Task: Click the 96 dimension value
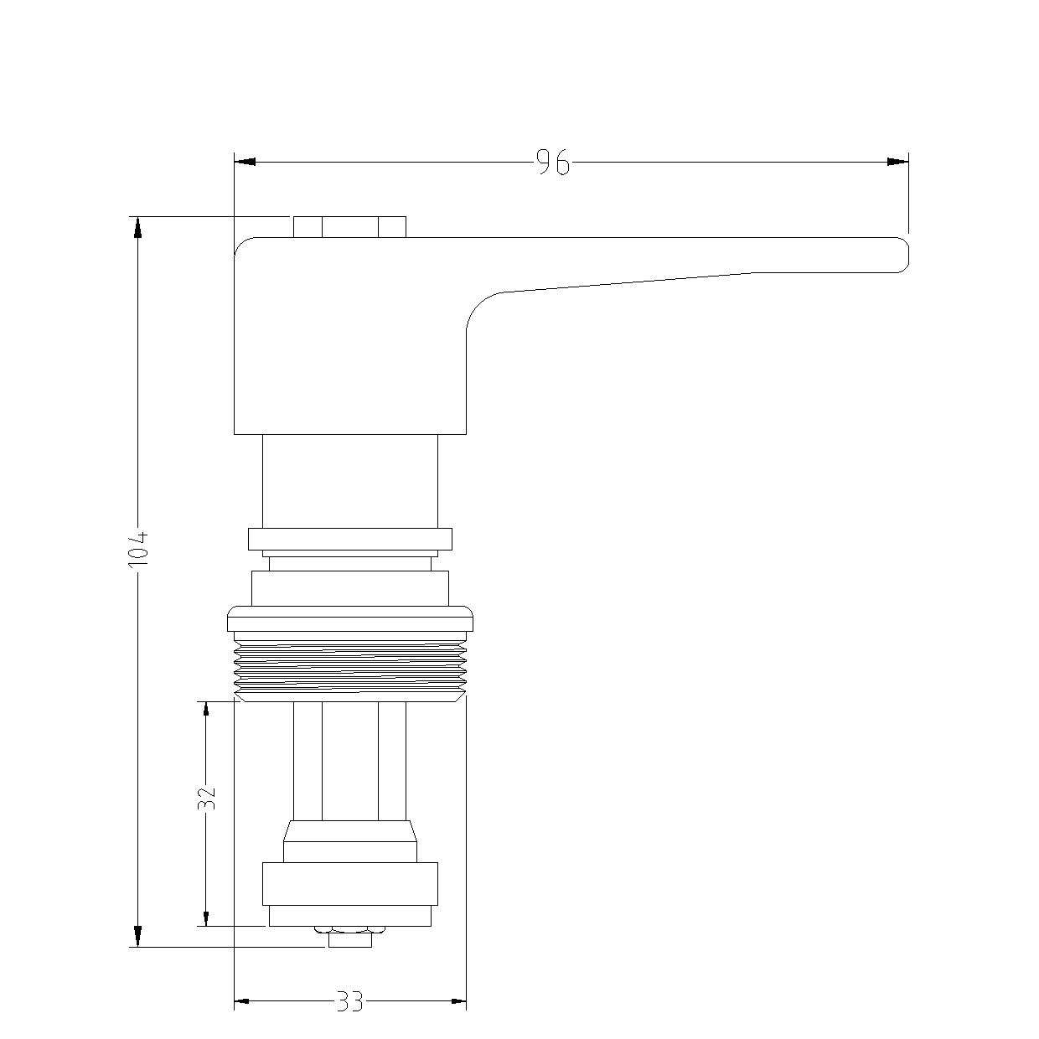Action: pyautogui.click(x=553, y=163)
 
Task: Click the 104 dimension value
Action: pyautogui.click(x=138, y=549)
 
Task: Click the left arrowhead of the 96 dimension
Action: pyautogui.click(x=245, y=162)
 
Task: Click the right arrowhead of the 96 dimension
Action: pyautogui.click(x=897, y=162)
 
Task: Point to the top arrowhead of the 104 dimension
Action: pyautogui.click(x=137, y=227)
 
